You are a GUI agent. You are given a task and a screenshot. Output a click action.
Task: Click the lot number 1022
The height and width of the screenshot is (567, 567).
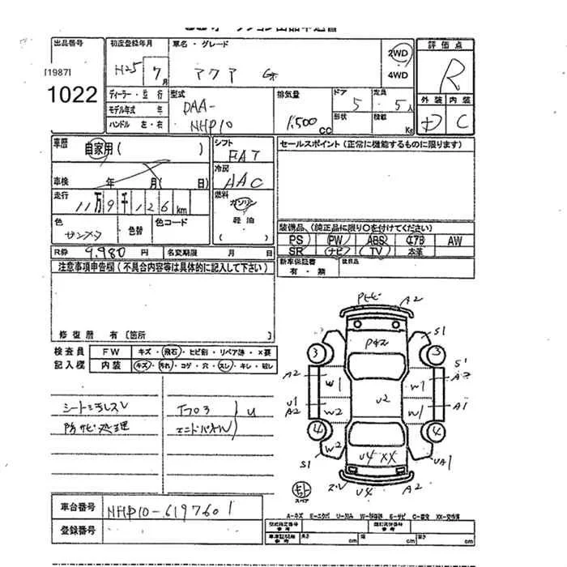pyautogui.click(x=72, y=94)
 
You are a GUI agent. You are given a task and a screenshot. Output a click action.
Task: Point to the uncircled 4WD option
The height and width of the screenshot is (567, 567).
pyautogui.click(x=398, y=75)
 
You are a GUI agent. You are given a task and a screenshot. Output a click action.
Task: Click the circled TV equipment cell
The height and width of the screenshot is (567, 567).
pyautogui.click(x=375, y=252)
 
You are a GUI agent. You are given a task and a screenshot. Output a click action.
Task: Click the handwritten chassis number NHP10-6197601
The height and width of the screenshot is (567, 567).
pyautogui.click(x=170, y=509)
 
